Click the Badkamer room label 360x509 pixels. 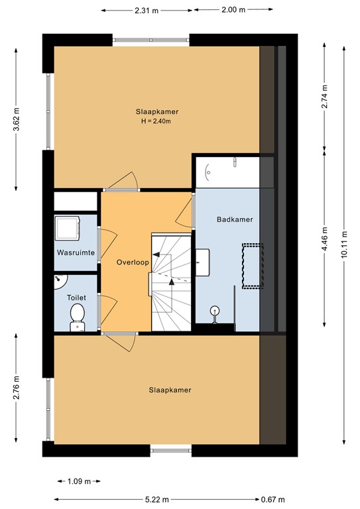(x=235, y=219)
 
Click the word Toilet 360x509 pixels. (x=76, y=298)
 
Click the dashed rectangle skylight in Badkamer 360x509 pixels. (x=253, y=266)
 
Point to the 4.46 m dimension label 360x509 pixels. (x=323, y=235)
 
